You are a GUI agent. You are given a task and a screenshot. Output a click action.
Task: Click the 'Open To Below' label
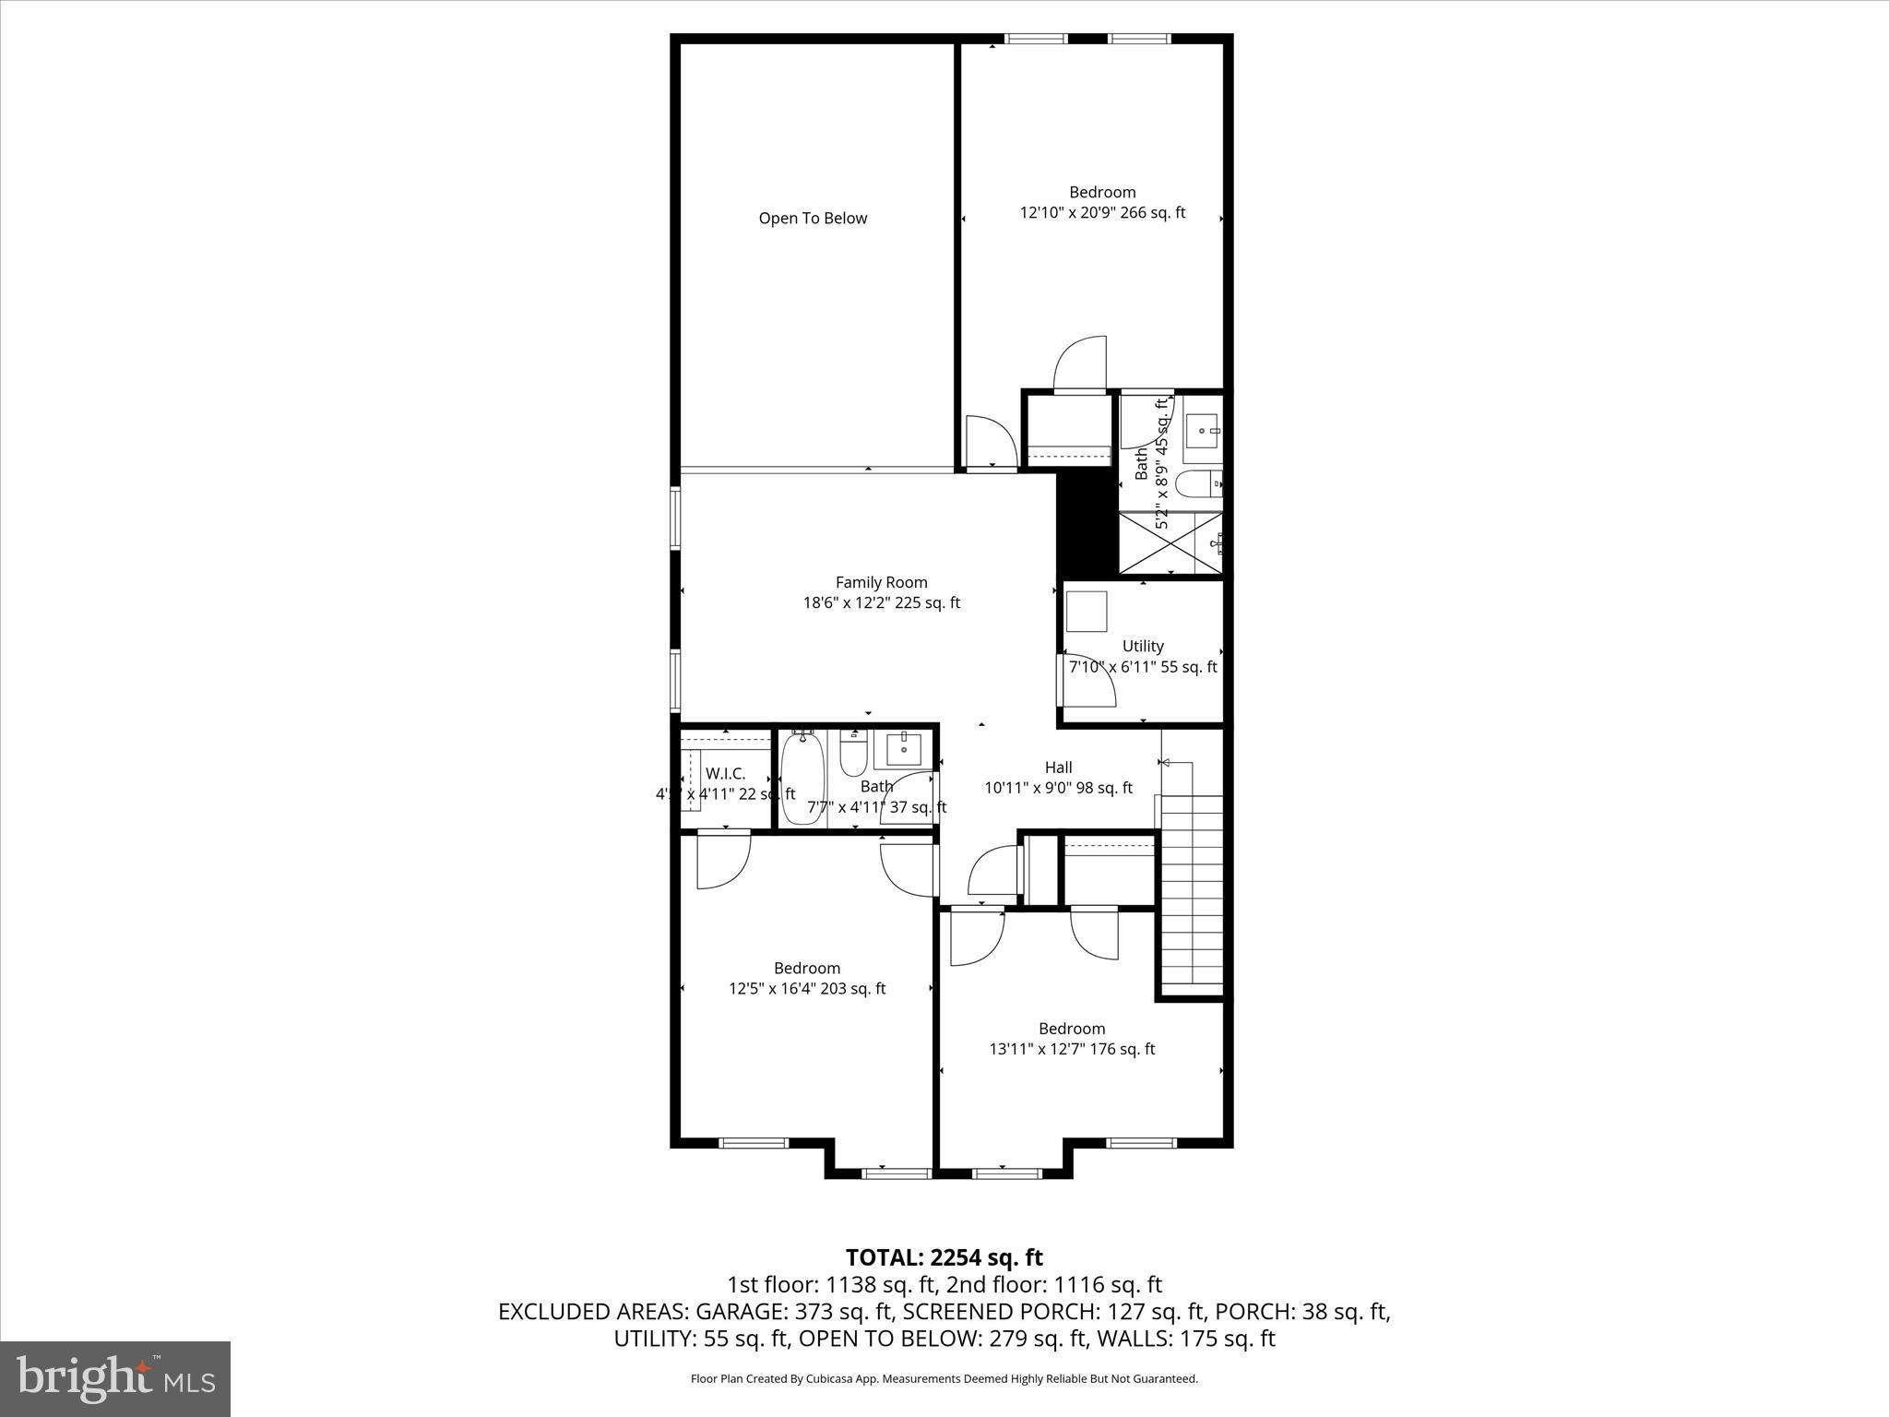(813, 219)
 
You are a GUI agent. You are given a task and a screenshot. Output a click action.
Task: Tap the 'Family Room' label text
(881, 582)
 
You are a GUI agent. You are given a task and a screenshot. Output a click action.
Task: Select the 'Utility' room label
(1143, 646)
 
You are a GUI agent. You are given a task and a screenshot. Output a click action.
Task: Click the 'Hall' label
(1058, 767)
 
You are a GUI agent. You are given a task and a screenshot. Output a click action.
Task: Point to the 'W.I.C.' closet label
(725, 773)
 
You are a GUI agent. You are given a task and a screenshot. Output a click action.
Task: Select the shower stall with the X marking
(1170, 542)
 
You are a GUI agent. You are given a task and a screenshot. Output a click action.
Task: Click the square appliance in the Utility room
(1087, 611)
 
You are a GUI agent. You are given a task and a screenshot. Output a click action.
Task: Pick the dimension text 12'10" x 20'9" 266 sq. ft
(1102, 213)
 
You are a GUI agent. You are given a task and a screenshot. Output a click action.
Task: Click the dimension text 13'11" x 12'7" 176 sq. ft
(1072, 1049)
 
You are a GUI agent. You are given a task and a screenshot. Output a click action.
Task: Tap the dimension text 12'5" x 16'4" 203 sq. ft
(807, 989)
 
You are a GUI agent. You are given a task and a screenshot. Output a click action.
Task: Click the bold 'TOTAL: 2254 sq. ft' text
(944, 1257)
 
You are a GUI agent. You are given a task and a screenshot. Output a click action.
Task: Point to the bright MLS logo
(115, 1378)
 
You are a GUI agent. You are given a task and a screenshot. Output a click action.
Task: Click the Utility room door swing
(1088, 681)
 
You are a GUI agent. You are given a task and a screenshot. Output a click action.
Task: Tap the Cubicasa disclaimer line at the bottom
(944, 1379)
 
